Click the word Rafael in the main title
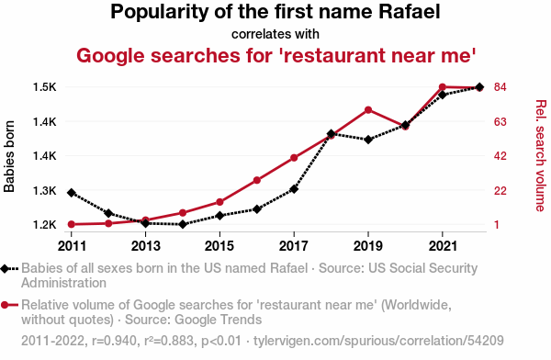(409, 12)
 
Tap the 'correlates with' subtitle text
(275, 34)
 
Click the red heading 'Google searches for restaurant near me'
(276, 55)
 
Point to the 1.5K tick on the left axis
(45, 87)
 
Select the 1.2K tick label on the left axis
(45, 224)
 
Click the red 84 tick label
(500, 87)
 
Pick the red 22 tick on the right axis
(500, 190)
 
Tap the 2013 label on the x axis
(145, 246)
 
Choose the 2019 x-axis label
(368, 246)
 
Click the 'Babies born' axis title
(9, 156)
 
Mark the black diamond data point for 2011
(72, 193)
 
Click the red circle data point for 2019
(368, 110)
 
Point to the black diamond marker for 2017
(294, 189)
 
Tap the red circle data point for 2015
(220, 202)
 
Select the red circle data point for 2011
(72, 224)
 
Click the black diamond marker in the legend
(5, 269)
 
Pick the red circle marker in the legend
(5, 305)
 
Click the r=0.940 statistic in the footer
(114, 341)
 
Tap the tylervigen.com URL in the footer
(378, 341)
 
